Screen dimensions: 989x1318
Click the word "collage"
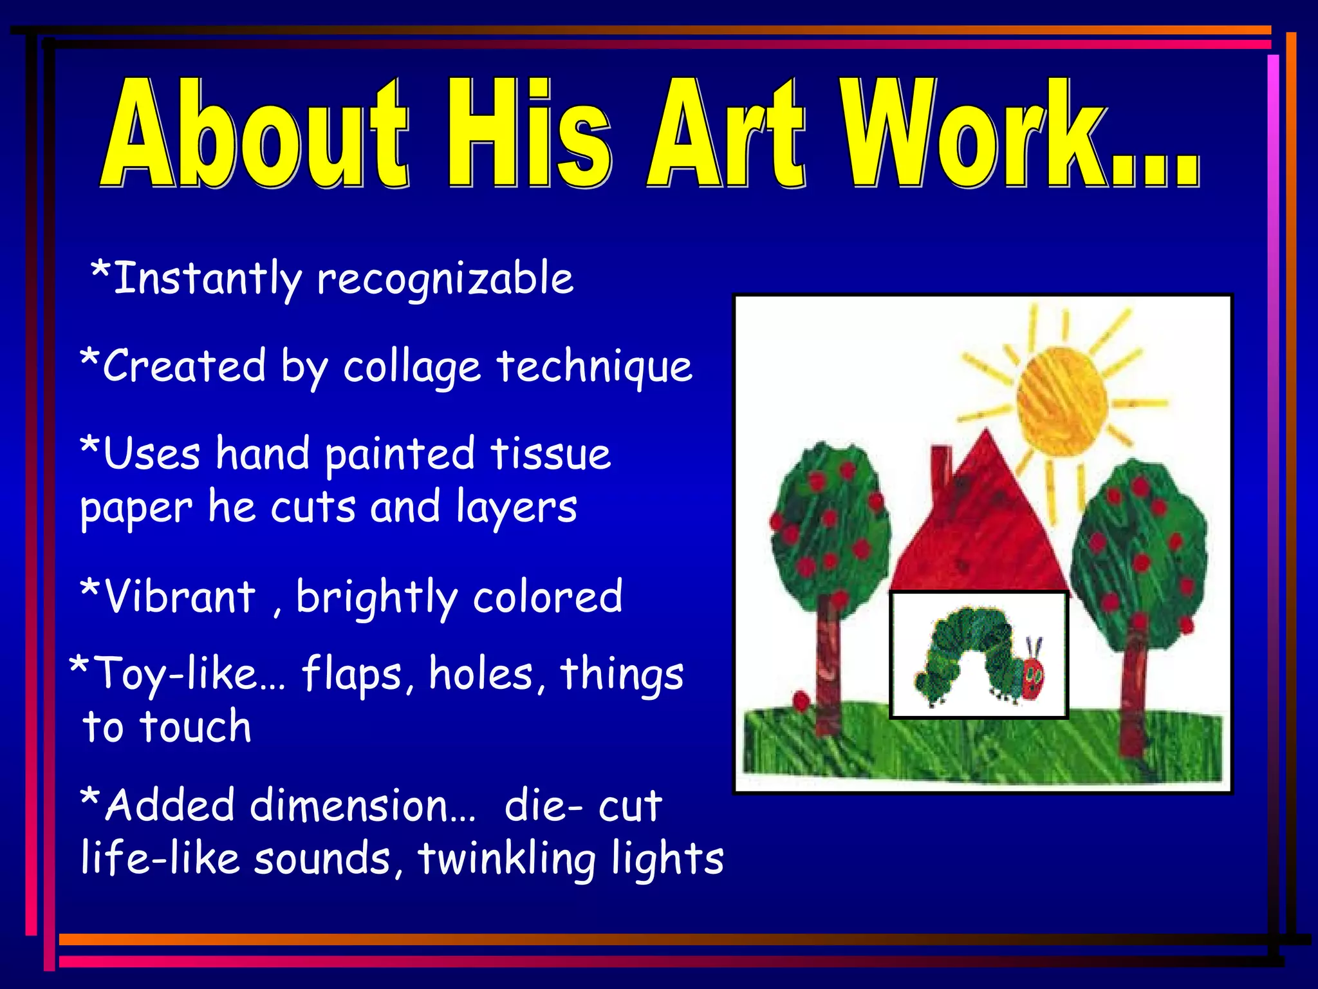pyautogui.click(x=412, y=368)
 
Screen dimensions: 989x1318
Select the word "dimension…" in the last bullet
pyautogui.click(x=363, y=806)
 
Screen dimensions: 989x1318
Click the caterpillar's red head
pyautogui.click(x=1032, y=676)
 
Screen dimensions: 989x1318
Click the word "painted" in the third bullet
pyautogui.click(x=399, y=455)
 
